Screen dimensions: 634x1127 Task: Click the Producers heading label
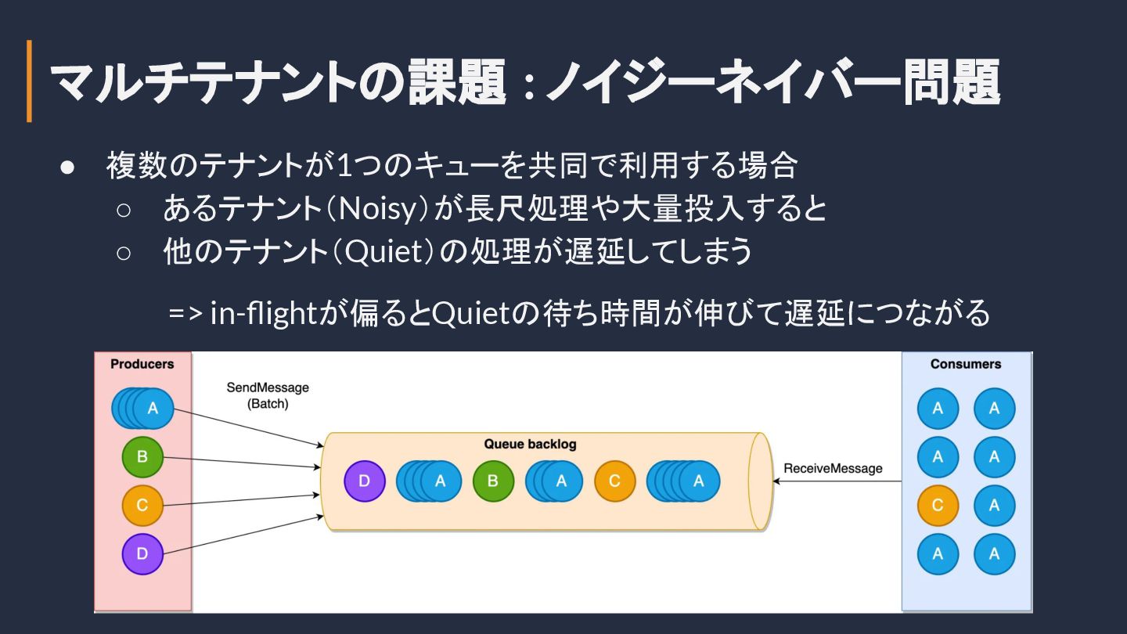tap(142, 364)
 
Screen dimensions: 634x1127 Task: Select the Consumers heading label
tap(966, 364)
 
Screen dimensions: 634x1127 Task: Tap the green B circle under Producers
tap(142, 457)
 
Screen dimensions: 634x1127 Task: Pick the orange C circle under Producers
tap(142, 506)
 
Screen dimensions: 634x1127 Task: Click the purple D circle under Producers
tap(142, 554)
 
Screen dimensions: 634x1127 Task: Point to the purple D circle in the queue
tap(365, 481)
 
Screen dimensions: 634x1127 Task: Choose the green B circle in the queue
tap(493, 481)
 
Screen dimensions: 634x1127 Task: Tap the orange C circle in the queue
tap(615, 481)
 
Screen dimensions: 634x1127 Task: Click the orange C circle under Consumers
tap(938, 506)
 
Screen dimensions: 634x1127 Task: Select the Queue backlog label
tap(530, 445)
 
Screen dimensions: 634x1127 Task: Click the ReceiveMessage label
tap(833, 469)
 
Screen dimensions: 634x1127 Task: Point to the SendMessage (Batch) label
tap(268, 396)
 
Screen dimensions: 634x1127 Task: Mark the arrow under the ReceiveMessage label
tap(837, 481)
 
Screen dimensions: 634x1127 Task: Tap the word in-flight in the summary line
tap(262, 313)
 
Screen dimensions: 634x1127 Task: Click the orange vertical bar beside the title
tap(30, 81)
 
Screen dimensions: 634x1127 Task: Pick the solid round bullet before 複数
tap(67, 168)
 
